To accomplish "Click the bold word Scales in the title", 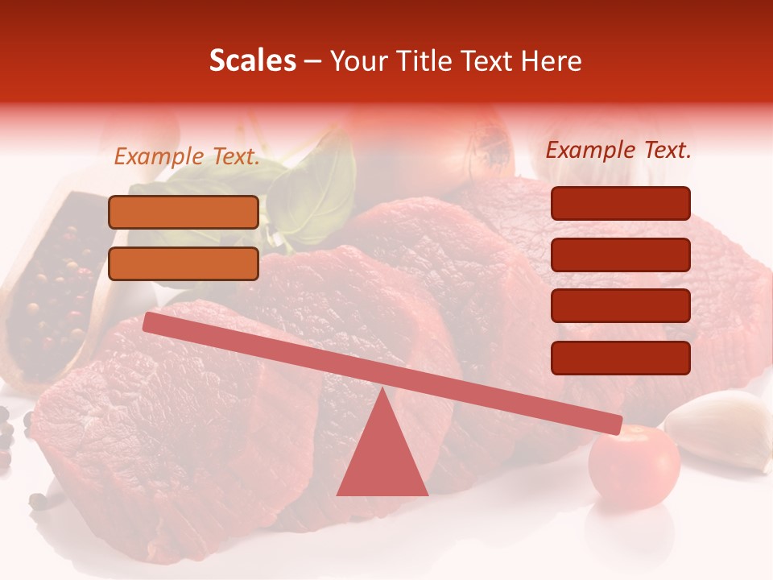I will [x=253, y=60].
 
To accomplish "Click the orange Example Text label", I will [x=187, y=156].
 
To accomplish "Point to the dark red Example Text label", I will [x=618, y=150].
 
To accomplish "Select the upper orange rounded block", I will [x=184, y=212].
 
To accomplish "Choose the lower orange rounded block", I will [x=184, y=263].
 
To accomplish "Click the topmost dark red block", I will [x=620, y=203].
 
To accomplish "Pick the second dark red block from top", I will [x=620, y=255].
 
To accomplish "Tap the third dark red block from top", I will [x=620, y=306].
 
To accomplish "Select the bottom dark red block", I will [x=620, y=358].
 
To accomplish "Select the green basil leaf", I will [x=314, y=193].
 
